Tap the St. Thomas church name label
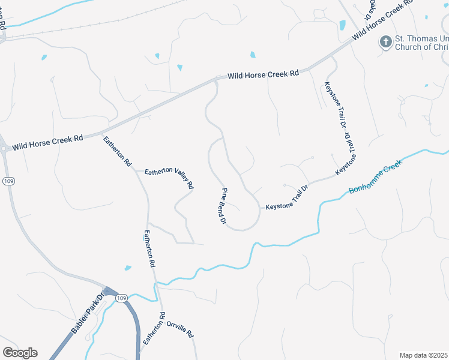click(x=420, y=43)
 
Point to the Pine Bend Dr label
click(x=222, y=206)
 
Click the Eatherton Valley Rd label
click(x=169, y=179)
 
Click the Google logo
click(x=20, y=353)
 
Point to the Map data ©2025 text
click(x=423, y=355)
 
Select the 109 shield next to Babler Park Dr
click(x=121, y=298)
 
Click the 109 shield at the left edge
click(x=8, y=181)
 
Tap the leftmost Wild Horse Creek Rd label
click(x=47, y=143)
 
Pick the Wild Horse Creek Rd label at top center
click(x=263, y=76)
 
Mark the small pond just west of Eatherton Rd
click(x=128, y=268)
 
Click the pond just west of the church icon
click(x=342, y=25)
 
